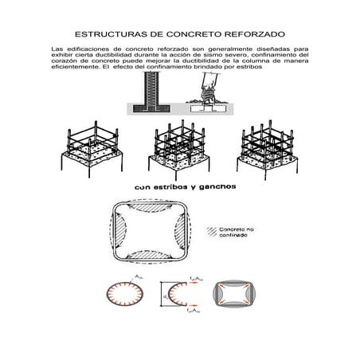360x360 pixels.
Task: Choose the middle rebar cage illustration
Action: coord(179,149)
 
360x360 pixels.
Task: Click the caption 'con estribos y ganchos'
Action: coord(179,189)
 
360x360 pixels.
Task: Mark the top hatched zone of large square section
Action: coord(152,208)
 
